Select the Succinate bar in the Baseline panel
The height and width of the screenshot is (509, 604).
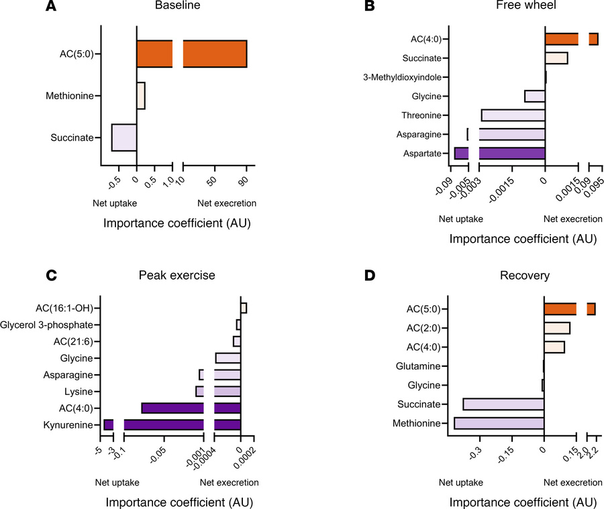[124, 137]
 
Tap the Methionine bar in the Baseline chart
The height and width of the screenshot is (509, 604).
[141, 96]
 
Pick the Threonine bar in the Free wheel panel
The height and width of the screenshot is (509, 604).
[513, 115]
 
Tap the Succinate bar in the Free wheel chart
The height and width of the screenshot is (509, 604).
[556, 58]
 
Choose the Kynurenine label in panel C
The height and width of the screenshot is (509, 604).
[70, 425]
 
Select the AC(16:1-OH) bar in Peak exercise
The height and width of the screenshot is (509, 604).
[244, 308]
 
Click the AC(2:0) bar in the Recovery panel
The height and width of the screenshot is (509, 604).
[556, 328]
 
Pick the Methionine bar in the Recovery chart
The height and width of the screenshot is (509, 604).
[499, 423]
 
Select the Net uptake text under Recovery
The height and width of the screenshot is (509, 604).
[460, 482]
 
